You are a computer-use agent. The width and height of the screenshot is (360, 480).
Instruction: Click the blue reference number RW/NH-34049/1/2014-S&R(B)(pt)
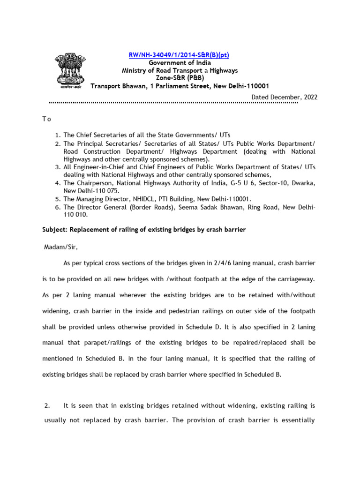(x=179, y=55)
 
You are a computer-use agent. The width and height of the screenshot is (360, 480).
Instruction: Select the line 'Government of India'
(x=180, y=63)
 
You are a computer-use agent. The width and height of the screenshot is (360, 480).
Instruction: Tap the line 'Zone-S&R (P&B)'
(x=180, y=78)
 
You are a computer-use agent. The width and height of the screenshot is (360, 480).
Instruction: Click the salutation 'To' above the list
(x=46, y=119)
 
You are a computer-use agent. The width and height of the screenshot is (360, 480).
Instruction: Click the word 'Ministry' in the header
(x=135, y=70)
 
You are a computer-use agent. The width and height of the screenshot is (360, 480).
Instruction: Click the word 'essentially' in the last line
(x=297, y=420)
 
